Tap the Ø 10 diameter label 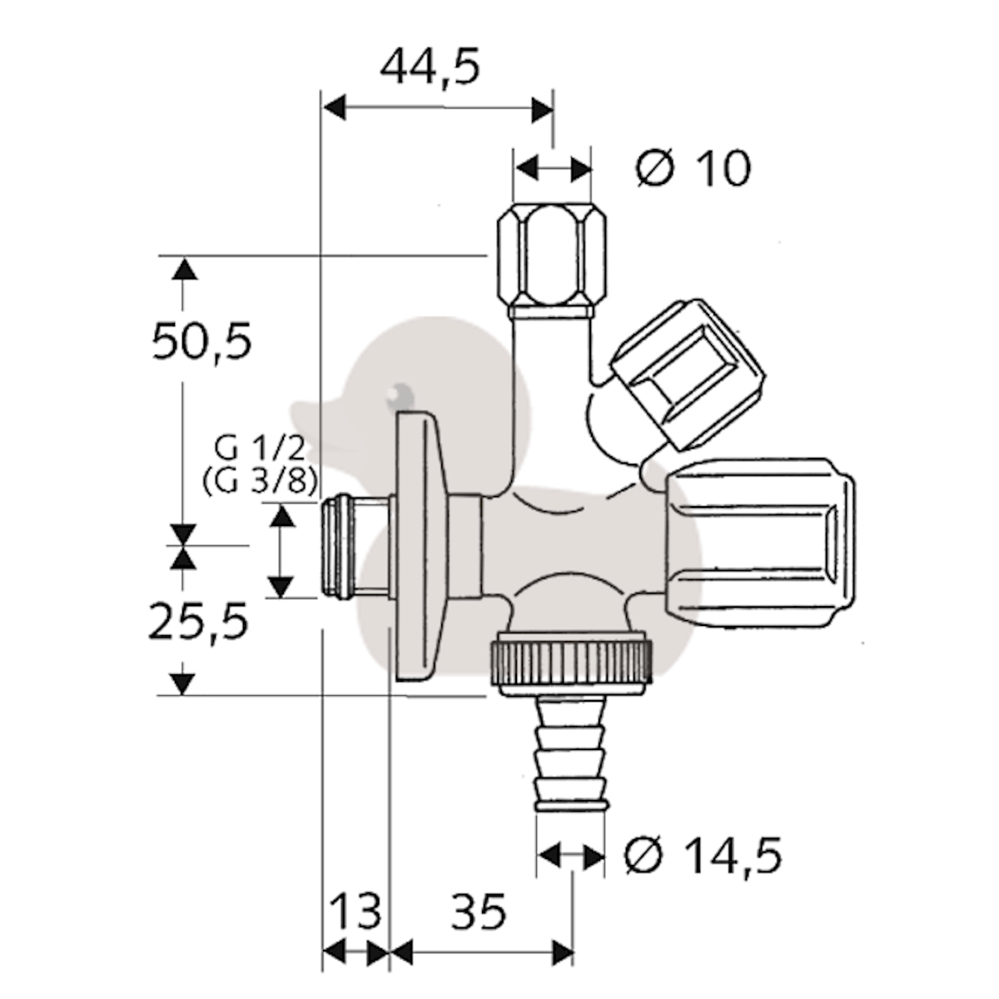[x=693, y=168]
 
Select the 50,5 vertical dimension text [x=201, y=341]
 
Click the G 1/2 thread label [x=260, y=450]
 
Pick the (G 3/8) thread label [x=260, y=483]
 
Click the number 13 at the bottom [x=355, y=912]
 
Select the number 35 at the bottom [x=479, y=912]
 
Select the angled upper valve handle [x=687, y=375]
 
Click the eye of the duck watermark [x=400, y=392]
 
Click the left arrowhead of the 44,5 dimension [x=335, y=108]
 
